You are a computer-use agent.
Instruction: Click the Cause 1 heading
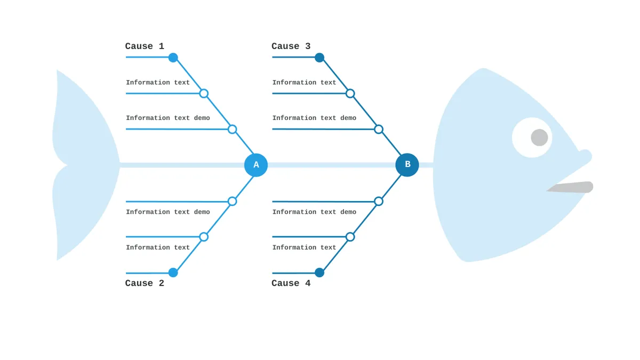(x=145, y=46)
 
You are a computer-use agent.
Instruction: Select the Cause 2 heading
(x=145, y=283)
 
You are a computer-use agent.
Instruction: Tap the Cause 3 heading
(x=291, y=46)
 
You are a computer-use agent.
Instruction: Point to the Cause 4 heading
(x=291, y=283)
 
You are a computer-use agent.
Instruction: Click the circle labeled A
(x=256, y=165)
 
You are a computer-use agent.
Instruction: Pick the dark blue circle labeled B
(x=407, y=165)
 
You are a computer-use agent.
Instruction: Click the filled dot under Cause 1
(x=173, y=58)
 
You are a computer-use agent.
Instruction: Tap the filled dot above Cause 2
(x=173, y=273)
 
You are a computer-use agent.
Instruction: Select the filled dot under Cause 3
(x=319, y=58)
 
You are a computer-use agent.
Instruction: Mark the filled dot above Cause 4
(x=319, y=273)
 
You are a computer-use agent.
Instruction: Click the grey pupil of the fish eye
(x=539, y=138)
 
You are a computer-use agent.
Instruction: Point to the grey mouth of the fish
(x=570, y=187)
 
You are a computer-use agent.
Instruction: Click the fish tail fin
(x=86, y=165)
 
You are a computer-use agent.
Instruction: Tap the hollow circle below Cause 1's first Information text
(x=204, y=93)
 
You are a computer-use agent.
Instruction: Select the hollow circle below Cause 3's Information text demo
(x=379, y=130)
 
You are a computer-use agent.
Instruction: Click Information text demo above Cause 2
(x=168, y=212)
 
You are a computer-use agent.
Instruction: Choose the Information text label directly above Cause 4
(x=304, y=247)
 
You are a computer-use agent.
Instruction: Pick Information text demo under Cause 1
(x=168, y=118)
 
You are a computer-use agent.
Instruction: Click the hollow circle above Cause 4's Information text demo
(x=379, y=202)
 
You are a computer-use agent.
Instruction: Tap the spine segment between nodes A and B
(x=331, y=165)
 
